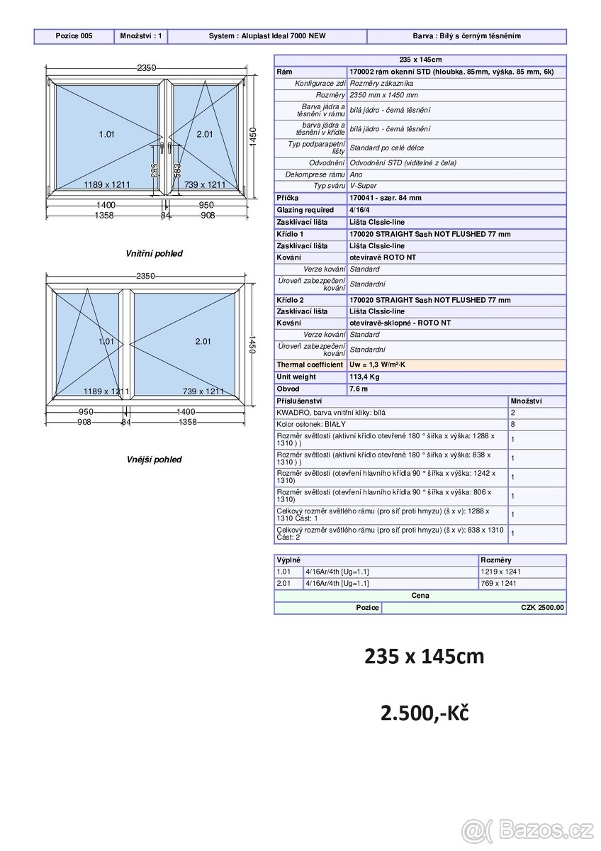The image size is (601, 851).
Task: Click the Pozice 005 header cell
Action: [74, 36]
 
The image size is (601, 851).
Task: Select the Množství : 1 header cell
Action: [140, 36]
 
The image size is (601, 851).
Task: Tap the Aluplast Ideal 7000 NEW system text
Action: [267, 36]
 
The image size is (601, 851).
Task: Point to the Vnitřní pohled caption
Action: [154, 253]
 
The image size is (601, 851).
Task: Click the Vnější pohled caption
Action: [154, 460]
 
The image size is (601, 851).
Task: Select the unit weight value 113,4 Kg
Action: [364, 377]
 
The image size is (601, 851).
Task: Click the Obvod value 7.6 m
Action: [359, 389]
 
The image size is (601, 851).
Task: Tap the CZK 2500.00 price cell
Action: [542, 608]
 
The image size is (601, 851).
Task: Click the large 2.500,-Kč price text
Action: [425, 713]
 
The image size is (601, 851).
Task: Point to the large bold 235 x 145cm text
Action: [424, 657]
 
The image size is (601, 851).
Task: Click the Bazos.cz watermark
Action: [528, 829]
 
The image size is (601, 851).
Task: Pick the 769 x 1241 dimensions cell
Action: [500, 584]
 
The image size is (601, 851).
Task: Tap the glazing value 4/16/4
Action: [359, 210]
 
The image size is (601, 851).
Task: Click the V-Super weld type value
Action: [364, 186]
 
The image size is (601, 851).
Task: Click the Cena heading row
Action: [420, 596]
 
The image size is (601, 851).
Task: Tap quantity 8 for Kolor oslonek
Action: [513, 424]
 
